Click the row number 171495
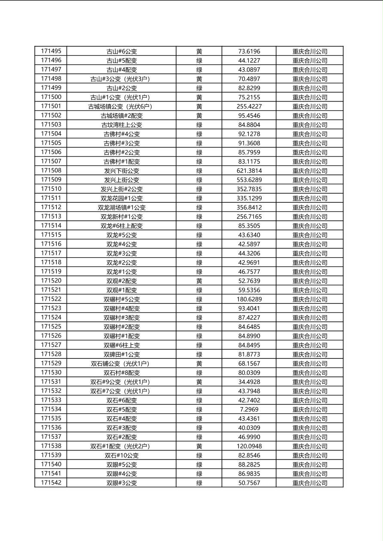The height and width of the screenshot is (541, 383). [51, 51]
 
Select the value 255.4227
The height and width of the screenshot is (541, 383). [249, 106]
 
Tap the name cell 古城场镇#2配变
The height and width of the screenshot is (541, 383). [122, 115]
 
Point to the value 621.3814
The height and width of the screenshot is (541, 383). [249, 171]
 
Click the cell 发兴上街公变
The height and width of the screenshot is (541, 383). [122, 180]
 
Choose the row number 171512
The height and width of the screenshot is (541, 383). [51, 207]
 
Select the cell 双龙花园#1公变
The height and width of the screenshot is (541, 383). [122, 198]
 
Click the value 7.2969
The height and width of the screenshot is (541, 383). [249, 409]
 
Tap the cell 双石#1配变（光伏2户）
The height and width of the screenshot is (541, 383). [122, 446]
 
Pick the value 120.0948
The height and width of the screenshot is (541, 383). [249, 446]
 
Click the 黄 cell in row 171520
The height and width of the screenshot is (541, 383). [199, 281]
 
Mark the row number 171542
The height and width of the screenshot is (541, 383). [51, 483]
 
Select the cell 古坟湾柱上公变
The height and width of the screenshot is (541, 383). [122, 125]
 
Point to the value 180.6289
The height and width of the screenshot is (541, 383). [249, 299]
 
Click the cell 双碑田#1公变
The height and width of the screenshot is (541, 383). [122, 354]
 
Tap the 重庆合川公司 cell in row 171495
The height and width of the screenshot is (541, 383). [310, 51]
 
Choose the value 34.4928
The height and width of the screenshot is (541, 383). [249, 382]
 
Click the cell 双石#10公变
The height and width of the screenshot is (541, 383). [122, 455]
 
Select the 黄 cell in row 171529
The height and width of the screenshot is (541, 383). [199, 364]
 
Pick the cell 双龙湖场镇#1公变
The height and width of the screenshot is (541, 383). [122, 207]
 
